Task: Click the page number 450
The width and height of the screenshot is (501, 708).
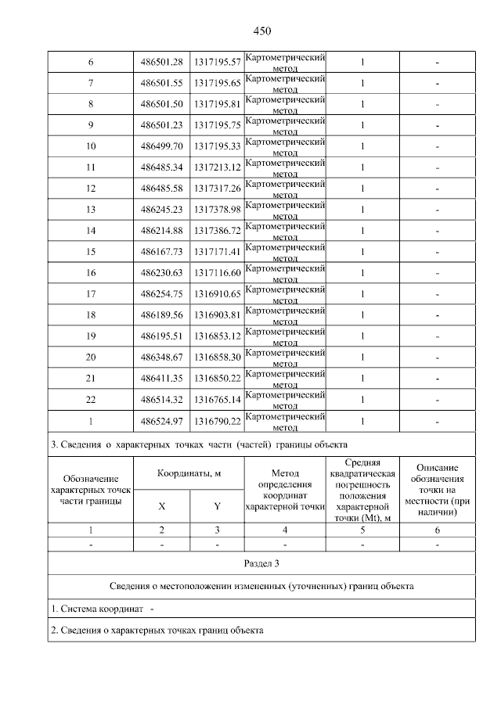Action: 261,31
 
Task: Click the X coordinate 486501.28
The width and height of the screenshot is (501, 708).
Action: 161,62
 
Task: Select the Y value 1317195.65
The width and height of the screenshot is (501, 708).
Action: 217,83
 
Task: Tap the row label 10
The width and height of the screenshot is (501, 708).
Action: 91,146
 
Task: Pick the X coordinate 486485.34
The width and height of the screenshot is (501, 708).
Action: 161,167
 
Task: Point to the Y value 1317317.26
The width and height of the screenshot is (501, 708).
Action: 217,189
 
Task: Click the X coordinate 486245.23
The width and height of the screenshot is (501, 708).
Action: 161,210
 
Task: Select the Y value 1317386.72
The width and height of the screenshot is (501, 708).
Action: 217,231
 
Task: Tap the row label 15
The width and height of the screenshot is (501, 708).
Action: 91,252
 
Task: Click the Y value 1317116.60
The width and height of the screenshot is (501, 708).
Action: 217,273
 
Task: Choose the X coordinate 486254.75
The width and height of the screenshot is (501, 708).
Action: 161,294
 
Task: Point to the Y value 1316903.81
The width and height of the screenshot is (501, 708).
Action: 217,315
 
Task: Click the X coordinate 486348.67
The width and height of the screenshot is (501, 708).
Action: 161,358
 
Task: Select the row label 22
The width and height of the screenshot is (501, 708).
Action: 91,400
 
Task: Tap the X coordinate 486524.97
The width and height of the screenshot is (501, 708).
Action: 161,421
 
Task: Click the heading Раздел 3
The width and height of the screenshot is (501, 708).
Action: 261,563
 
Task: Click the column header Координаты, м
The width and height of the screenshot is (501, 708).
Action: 189,473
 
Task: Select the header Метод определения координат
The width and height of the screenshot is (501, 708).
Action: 285,490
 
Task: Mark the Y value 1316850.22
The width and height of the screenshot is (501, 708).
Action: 217,379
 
